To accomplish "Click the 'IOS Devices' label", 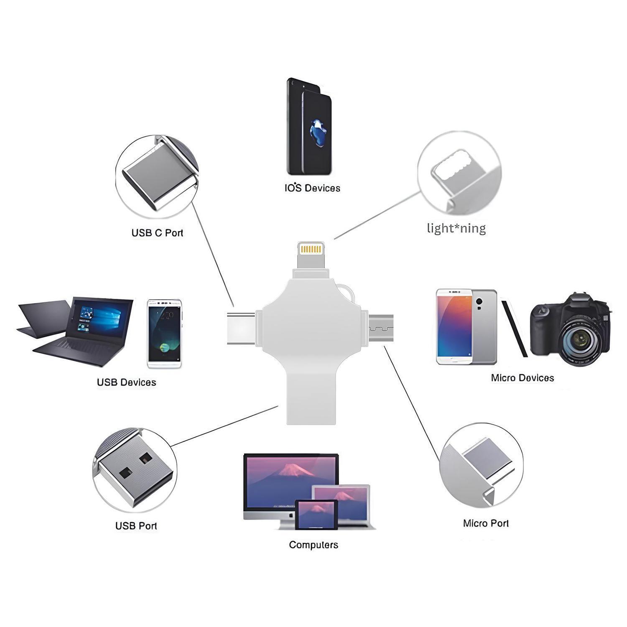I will tap(312, 188).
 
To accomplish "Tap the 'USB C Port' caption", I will tap(157, 233).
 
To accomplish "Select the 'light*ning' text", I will tap(456, 228).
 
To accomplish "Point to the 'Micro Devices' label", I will tap(522, 378).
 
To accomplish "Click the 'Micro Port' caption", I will tap(486, 523).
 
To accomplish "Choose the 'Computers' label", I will tap(313, 545).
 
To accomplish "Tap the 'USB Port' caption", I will tap(136, 526).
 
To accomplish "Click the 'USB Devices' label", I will tap(126, 382).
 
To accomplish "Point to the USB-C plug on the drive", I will tap(242, 328).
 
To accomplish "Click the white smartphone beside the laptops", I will tap(164, 333).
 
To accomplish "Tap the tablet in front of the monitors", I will tap(316, 515).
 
